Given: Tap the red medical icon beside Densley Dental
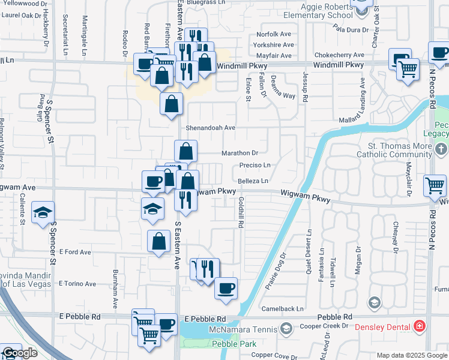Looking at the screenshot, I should (x=420, y=326).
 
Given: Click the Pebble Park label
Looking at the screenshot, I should (x=234, y=344).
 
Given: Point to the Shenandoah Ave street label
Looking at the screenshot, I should (x=210, y=128).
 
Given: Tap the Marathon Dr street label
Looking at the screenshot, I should (x=240, y=153).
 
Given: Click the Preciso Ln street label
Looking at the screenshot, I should (x=255, y=165).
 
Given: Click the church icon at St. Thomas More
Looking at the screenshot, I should (x=442, y=148).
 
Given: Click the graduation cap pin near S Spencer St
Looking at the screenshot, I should (x=42, y=214).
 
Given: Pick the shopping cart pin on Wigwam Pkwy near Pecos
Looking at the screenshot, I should (x=435, y=185).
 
